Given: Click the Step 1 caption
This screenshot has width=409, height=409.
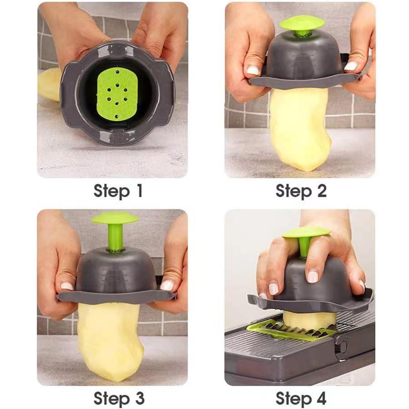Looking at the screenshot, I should pos(118,191).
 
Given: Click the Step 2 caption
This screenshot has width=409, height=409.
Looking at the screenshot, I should pos(301,191).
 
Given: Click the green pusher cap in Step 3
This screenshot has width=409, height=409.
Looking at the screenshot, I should pos(115,218).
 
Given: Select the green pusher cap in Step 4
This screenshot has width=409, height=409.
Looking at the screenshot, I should pos(305,232).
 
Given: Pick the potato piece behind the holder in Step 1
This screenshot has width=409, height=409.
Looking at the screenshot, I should pos(49,84).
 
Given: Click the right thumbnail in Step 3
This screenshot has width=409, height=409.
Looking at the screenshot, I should pos(167,285).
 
